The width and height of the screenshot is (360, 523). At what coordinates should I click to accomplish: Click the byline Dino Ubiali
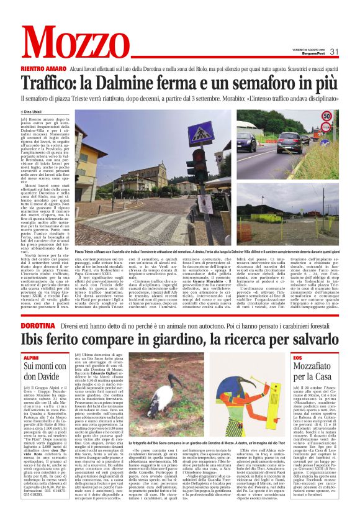tap(39, 112)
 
